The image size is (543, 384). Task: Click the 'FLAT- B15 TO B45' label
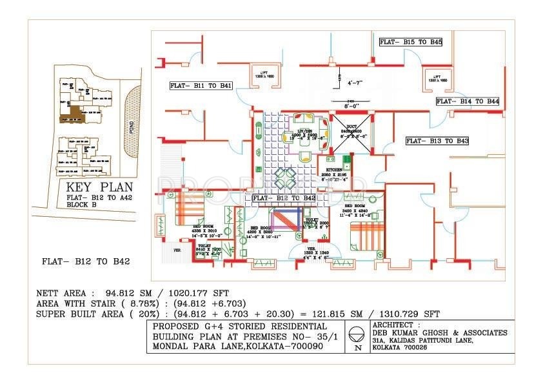[x=410, y=42]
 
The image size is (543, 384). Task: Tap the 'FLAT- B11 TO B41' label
[x=201, y=85]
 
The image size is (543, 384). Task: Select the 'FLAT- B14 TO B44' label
[x=467, y=101]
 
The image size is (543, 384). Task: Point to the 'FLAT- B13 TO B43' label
[x=437, y=140]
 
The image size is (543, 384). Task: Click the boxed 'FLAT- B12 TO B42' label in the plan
[x=284, y=197]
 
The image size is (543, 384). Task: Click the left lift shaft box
[x=264, y=76]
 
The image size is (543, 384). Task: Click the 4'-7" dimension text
[x=355, y=83]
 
